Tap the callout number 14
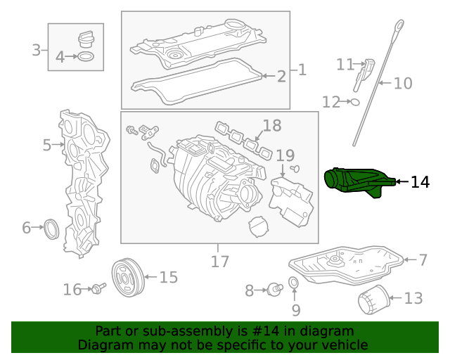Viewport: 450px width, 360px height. coord(420,182)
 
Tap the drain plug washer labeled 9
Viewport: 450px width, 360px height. coord(295,283)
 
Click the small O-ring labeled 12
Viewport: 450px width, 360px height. coord(354,102)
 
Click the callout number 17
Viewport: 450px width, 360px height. coord(220,262)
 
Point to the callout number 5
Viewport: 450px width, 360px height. coord(47,146)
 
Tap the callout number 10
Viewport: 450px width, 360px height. coord(403,84)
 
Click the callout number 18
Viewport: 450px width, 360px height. coord(271,127)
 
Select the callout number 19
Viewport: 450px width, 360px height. coord(285,155)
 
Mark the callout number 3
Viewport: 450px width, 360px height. coord(37,50)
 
